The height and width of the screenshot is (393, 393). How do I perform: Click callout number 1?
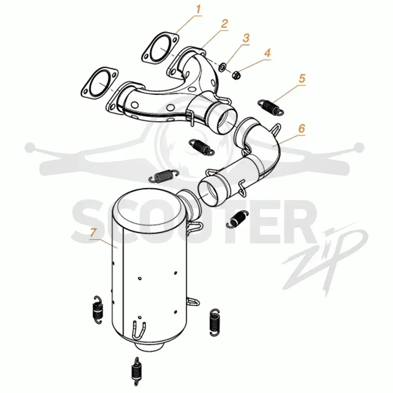[x=198, y=9]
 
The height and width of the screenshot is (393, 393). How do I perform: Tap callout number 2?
[x=225, y=24]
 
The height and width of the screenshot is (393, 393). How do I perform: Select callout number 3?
[x=246, y=38]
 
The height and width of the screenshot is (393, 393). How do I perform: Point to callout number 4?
[x=267, y=53]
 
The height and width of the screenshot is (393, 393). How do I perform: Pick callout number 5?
[x=302, y=79]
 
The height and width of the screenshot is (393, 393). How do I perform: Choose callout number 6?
[x=302, y=128]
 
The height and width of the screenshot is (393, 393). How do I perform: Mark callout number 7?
[x=93, y=232]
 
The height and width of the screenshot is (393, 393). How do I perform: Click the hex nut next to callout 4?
[x=236, y=75]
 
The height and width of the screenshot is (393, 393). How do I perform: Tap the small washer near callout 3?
[x=223, y=67]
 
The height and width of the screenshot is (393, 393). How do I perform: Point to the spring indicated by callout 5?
[x=271, y=107]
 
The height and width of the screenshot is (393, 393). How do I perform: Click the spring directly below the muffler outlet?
[x=137, y=371]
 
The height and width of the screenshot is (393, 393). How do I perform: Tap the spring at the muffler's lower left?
[x=97, y=310]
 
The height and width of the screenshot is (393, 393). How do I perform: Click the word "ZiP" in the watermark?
[x=326, y=261]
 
